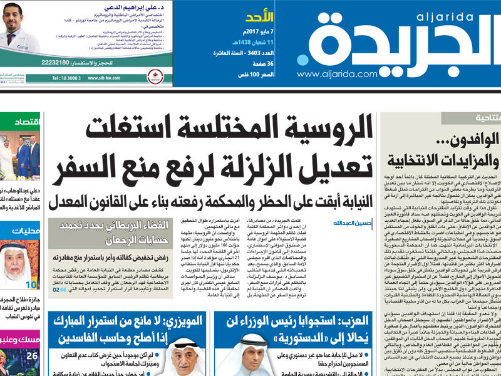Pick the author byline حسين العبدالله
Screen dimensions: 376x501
[348, 222]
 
